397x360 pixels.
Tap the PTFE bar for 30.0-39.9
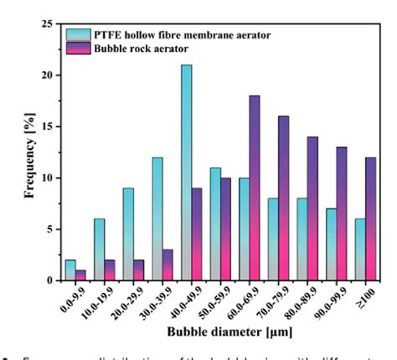tap(157, 219)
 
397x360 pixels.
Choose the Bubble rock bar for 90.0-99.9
tap(341, 213)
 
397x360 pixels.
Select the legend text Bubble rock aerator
tap(152, 48)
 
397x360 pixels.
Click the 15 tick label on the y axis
tap(48, 126)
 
